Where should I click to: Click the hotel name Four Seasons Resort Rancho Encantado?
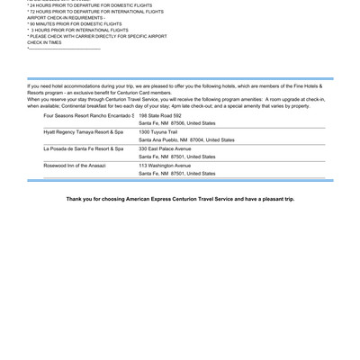click(x=88, y=116)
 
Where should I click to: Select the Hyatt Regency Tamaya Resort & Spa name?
click(x=83, y=132)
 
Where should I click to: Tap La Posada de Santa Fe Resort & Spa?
click(x=83, y=148)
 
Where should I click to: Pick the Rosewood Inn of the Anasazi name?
click(x=76, y=166)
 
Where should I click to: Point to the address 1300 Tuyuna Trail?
click(x=159, y=132)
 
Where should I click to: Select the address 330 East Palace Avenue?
click(x=165, y=148)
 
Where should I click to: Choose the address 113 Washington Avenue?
click(x=165, y=166)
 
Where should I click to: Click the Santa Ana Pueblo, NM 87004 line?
click(x=186, y=140)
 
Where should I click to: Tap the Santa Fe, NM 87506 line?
click(x=177, y=124)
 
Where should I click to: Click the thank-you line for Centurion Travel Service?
click(x=180, y=199)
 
